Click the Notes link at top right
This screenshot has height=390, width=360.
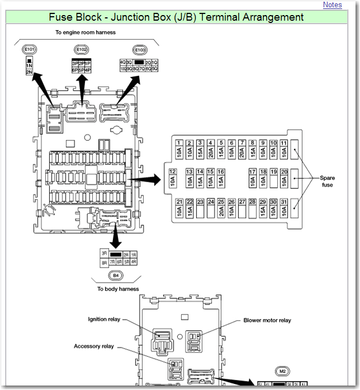(332, 5)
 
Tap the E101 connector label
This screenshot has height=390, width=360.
(29, 50)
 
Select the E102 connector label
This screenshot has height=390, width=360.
(82, 50)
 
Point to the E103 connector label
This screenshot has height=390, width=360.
(139, 50)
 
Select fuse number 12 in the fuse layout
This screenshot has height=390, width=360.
(173, 178)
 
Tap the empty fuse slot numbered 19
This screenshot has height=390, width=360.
(274, 178)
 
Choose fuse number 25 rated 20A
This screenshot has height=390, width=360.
(222, 208)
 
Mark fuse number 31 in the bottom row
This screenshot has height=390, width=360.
(285, 208)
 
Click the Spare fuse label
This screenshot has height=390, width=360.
(327, 181)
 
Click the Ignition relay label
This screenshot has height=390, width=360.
(105, 320)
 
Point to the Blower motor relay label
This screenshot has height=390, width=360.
(267, 321)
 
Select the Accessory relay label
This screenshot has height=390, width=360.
(94, 346)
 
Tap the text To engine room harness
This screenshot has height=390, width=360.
(86, 32)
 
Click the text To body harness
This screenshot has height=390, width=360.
(118, 289)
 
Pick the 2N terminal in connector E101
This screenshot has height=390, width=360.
(29, 72)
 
